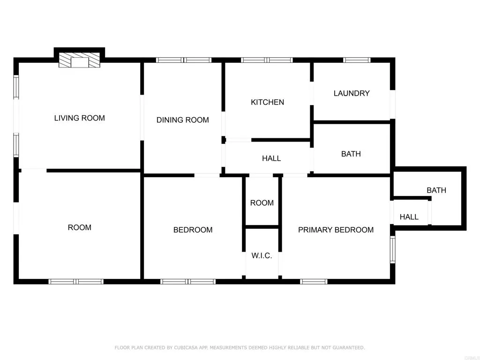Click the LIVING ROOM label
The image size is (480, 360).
(x=79, y=118)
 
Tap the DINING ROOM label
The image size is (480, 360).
(x=182, y=120)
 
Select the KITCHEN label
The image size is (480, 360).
(x=267, y=102)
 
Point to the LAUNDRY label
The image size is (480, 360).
(x=352, y=93)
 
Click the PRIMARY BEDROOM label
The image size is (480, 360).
(x=336, y=230)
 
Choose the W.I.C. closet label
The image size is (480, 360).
(x=262, y=255)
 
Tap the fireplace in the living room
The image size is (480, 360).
(x=79, y=60)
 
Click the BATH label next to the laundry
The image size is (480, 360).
(x=351, y=154)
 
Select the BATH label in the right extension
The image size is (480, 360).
(x=436, y=190)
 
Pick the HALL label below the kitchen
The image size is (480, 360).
(x=271, y=158)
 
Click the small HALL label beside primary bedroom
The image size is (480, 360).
(x=409, y=217)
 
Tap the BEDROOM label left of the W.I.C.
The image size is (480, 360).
(x=193, y=230)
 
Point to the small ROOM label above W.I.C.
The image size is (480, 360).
(x=262, y=203)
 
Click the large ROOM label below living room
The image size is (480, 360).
(x=79, y=227)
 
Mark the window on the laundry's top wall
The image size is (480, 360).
(x=357, y=60)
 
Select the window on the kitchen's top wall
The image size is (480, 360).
(x=267, y=60)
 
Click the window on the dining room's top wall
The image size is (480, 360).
(x=184, y=60)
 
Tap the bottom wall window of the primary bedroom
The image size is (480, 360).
(x=314, y=282)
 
